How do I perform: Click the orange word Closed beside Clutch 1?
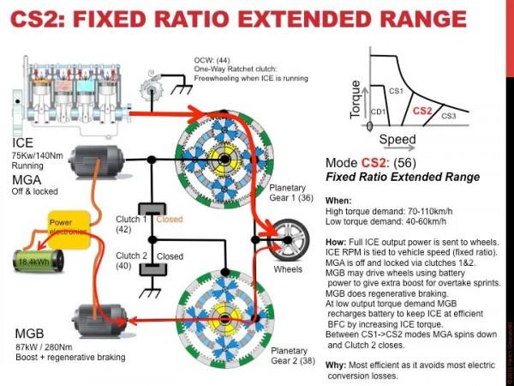click(x=170, y=220)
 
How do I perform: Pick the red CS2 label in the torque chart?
click(x=422, y=110)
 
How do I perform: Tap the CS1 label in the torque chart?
click(x=396, y=89)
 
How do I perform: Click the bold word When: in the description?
click(x=339, y=199)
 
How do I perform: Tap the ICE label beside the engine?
click(x=24, y=142)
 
